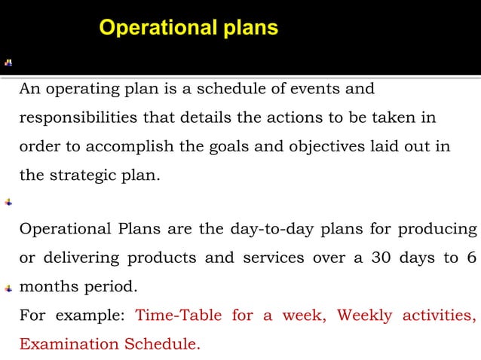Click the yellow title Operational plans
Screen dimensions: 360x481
click(x=188, y=29)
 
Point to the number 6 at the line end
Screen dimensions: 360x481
click(x=471, y=258)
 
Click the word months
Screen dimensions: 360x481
click(x=47, y=287)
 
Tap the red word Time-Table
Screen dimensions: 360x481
click(x=178, y=316)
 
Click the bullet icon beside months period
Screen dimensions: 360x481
click(x=8, y=288)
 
